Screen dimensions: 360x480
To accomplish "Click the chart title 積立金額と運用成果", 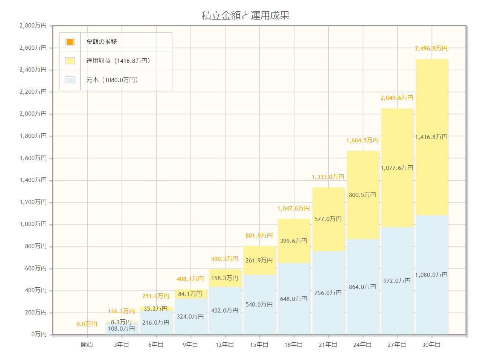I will coord(245,15).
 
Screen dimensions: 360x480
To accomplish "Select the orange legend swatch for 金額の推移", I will coord(70,42).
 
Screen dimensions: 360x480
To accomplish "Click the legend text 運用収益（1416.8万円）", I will coord(118,61).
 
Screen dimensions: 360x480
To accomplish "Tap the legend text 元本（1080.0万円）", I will coord(112,80).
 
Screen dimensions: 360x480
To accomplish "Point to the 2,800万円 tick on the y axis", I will coord(33,26).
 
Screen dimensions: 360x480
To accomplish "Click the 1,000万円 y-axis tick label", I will coord(33,224).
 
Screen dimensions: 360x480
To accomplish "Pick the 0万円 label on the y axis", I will coord(39,334).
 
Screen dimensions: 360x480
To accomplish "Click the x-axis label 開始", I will coord(87,345).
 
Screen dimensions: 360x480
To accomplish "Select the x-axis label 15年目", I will coord(259,345).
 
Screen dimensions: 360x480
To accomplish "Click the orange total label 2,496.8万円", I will coord(431,49).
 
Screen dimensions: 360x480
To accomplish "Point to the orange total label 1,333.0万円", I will coord(328,177).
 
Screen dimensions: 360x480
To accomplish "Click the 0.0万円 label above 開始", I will coord(87,324).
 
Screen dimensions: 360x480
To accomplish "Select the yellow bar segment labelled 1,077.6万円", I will coord(397,168).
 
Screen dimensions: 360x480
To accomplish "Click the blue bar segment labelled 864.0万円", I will coord(363,287).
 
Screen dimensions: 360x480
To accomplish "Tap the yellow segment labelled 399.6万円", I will coord(294,241).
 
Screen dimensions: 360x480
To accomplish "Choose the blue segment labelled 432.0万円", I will coord(225,311).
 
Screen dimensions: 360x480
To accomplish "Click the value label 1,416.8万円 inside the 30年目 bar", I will coord(431,137).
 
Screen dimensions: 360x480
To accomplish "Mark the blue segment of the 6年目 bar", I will coord(156,323).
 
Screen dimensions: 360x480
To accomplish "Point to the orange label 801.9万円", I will coord(259,236).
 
